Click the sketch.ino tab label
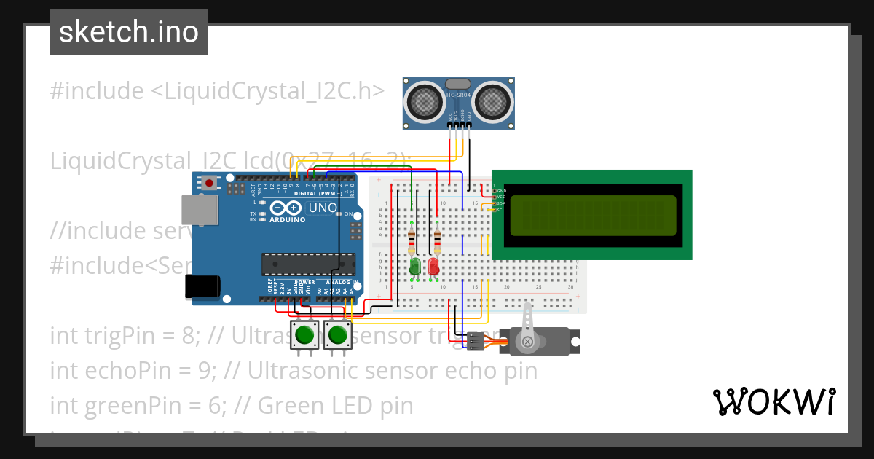pyautogui.click(x=128, y=32)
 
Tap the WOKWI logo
pyautogui.click(x=773, y=401)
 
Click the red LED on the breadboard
pyautogui.click(x=434, y=266)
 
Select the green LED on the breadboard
pyautogui.click(x=415, y=266)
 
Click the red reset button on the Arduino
pyautogui.click(x=210, y=182)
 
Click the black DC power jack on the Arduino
pyautogui.click(x=202, y=286)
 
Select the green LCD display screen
pyautogui.click(x=592, y=216)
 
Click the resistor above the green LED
pyautogui.click(x=412, y=239)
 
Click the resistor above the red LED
pyautogui.click(x=437, y=239)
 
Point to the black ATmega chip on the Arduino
pyautogui.click(x=308, y=264)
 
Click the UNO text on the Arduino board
pyautogui.click(x=323, y=208)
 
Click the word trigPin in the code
pyautogui.click(x=113, y=336)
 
